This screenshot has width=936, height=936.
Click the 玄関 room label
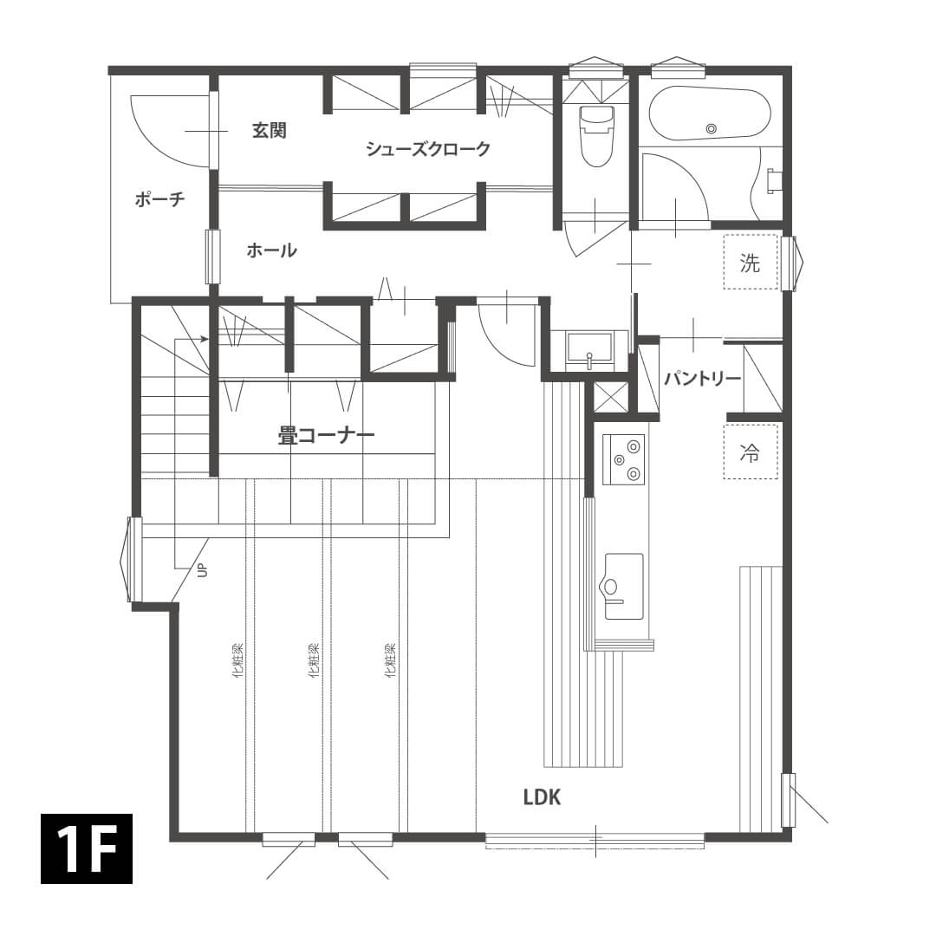coord(270,130)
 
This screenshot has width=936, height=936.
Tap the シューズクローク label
coord(428,149)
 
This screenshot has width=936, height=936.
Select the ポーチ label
coord(160,198)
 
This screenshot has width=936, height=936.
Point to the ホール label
coord(271,250)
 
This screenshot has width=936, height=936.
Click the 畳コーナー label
coord(327,435)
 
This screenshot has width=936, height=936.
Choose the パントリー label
coord(703,379)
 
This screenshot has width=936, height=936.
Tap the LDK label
coord(542,797)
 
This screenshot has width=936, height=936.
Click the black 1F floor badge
coord(87,848)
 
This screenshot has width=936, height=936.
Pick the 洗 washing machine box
coord(751,262)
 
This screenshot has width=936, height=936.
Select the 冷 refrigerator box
coord(751,452)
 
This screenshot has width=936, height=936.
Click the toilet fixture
coord(597,136)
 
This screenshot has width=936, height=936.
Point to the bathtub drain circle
coord(711,128)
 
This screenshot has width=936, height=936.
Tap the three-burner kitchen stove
coord(623,459)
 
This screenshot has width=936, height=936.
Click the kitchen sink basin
coord(624,586)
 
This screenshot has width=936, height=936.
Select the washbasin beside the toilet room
coord(589,350)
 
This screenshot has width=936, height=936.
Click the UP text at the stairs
coord(202,570)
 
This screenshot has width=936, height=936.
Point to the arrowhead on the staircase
coord(205,340)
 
